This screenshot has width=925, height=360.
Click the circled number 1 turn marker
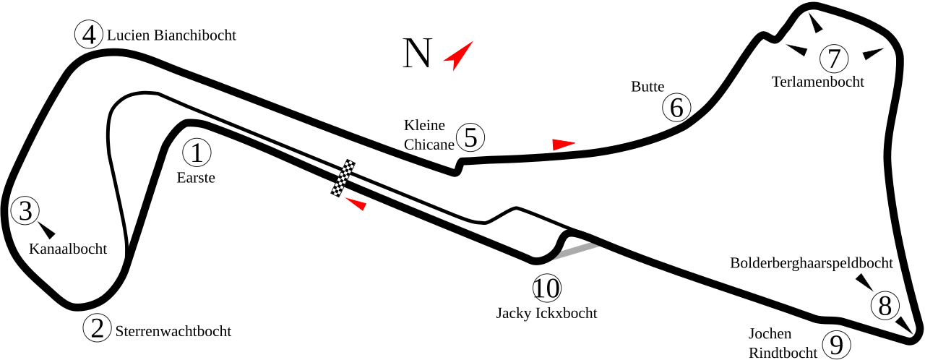(197, 153)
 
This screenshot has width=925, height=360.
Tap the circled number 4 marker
(89, 35)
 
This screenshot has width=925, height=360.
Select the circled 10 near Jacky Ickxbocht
(547, 288)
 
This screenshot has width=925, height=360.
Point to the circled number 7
(834, 59)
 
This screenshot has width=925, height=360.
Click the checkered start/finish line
(343, 178)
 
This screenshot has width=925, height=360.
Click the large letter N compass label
(418, 53)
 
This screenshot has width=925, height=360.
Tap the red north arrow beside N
(458, 56)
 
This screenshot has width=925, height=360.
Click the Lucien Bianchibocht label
(171, 35)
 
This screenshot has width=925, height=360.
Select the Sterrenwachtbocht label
(173, 331)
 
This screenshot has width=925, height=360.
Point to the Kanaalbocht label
(68, 249)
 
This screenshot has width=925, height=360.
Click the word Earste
(196, 178)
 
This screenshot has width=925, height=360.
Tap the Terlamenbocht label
(817, 82)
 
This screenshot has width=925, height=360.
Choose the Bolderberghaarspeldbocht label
(812, 263)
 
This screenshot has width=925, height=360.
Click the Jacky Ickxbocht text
(547, 313)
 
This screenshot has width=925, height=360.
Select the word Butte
(647, 87)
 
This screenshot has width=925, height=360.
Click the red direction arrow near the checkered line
(356, 204)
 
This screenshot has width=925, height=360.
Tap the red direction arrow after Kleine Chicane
(563, 145)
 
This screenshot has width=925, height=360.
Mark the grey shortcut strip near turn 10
(576, 252)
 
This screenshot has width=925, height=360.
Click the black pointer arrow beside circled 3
(47, 231)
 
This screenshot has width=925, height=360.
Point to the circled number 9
(836, 345)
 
